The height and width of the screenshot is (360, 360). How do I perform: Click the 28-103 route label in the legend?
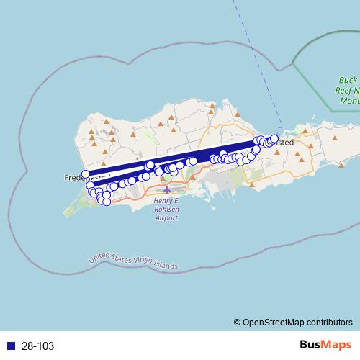coord(37,346)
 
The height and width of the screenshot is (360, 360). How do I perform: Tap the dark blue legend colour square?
coord(11,346)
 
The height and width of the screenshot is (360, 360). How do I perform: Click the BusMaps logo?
coord(325,346)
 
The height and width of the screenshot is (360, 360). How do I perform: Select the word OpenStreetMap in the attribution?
coord(276,323)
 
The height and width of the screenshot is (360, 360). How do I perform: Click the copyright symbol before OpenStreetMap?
coord(237,323)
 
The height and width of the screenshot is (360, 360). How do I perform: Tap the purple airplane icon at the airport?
coord(167,191)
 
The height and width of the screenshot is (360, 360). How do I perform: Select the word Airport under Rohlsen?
coord(166,217)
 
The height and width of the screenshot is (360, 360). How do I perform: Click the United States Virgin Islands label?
coord(132,261)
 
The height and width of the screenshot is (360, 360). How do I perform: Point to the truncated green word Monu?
coord(350,102)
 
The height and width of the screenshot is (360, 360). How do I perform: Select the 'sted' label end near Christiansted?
coord(285,143)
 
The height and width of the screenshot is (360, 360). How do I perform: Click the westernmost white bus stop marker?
coord(86,174)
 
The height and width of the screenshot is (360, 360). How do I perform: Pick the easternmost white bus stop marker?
coord(274,138)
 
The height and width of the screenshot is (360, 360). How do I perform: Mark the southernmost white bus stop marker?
coord(107,202)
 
